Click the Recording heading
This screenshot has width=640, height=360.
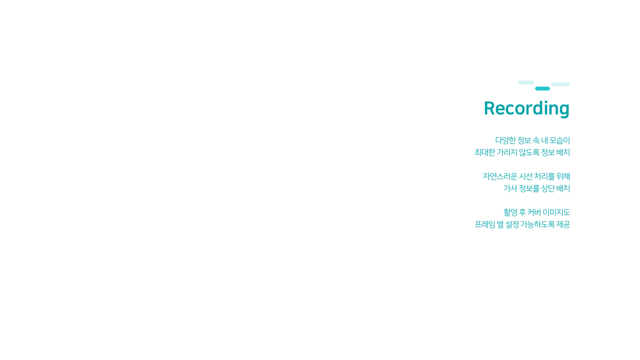point(526,108)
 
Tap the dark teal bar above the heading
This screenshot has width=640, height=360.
point(542,88)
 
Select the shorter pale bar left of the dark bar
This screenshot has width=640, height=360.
point(525,82)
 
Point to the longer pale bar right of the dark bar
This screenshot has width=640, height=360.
point(560,84)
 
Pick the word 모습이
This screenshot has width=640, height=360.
point(559,140)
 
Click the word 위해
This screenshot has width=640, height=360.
point(563,176)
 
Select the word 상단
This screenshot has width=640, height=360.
point(547,188)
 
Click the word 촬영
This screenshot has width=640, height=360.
point(510,212)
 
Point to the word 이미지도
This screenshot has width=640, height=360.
point(556,212)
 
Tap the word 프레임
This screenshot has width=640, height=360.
point(484,224)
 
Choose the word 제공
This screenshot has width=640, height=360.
point(563,224)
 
